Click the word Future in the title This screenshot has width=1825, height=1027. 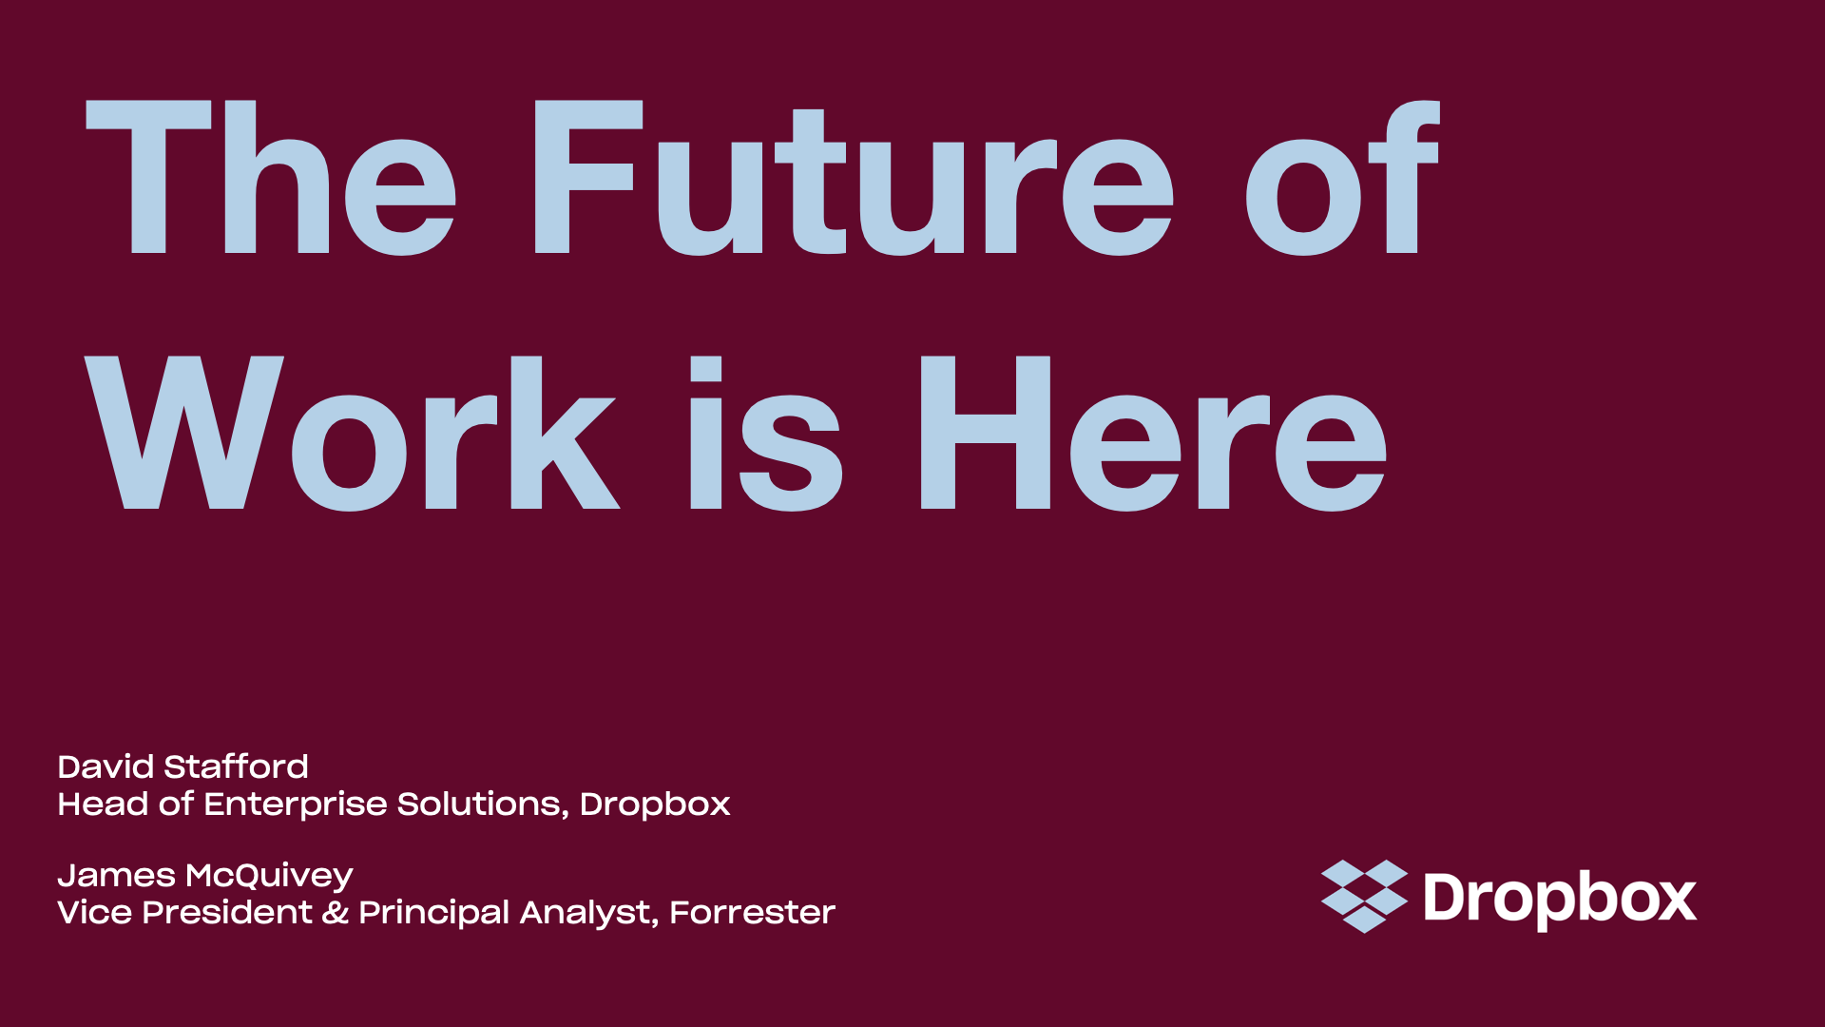point(854,178)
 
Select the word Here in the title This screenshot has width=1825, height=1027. point(1154,434)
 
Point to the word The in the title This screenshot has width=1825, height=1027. point(272,178)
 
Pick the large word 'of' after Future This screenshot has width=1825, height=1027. point(1343,178)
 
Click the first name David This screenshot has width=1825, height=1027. point(106,766)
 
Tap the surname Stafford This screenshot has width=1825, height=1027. point(237,766)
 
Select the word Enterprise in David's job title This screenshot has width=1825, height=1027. point(296,804)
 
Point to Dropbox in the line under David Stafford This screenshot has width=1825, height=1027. point(655,804)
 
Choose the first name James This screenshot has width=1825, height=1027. point(116,876)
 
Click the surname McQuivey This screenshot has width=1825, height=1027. point(270,876)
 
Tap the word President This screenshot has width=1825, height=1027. point(227,913)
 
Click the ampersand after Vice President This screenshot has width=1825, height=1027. point(335,913)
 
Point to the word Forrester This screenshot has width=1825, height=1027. point(753,913)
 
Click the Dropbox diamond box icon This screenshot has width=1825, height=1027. point(1364,897)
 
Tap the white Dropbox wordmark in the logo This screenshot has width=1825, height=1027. point(1560,899)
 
